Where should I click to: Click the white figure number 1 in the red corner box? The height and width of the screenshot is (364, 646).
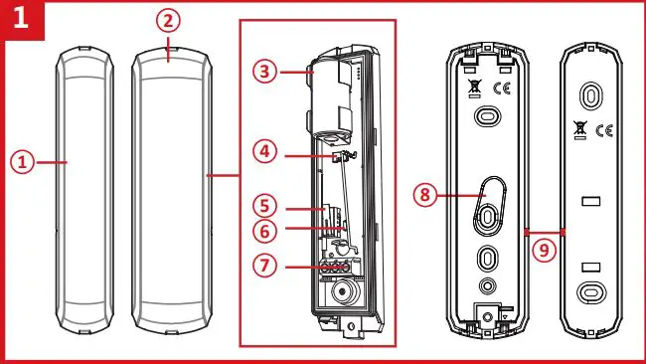[22, 21]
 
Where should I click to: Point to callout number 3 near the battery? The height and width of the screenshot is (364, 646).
[264, 72]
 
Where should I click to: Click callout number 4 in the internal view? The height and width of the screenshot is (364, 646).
[263, 152]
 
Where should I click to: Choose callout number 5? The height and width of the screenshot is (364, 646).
[264, 208]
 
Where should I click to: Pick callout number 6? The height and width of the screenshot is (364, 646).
[264, 232]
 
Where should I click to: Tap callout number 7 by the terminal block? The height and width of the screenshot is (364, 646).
[264, 268]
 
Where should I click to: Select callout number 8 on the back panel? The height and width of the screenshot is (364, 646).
[426, 195]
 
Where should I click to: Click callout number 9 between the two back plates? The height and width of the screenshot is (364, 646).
[542, 251]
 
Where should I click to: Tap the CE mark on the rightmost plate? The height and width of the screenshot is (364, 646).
[605, 130]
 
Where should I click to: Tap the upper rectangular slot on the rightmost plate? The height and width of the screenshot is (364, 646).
[591, 201]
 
